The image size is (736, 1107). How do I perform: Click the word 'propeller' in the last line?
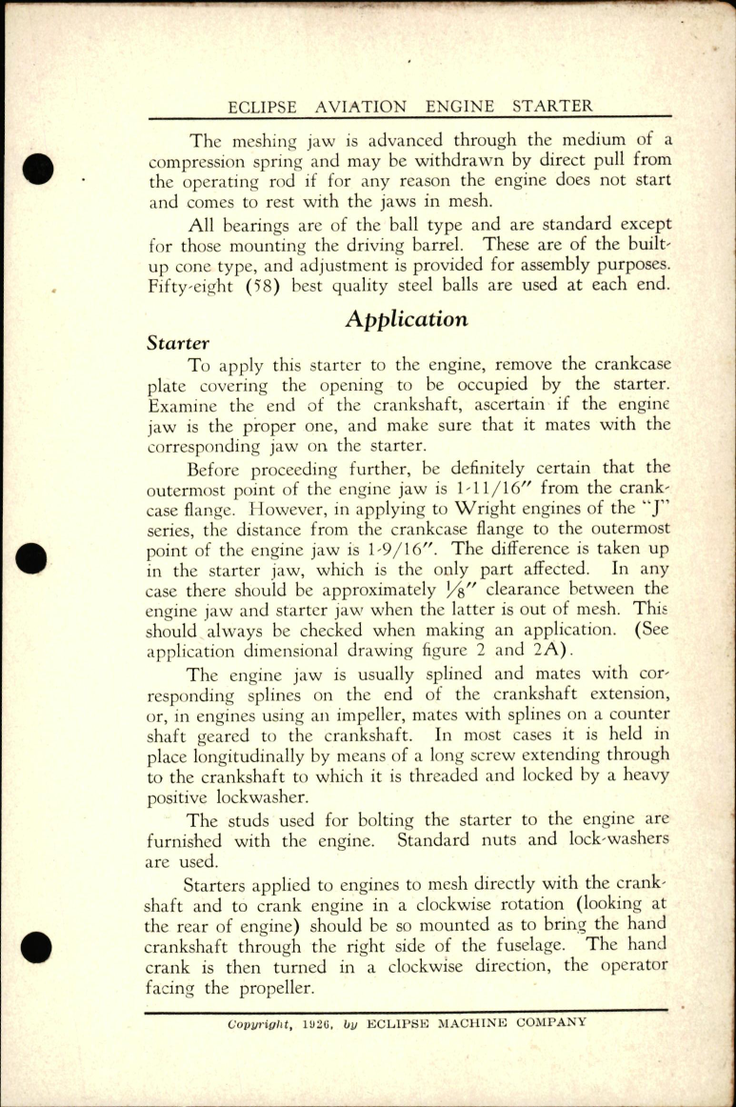(x=271, y=989)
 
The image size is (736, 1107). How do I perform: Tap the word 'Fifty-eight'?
(x=195, y=283)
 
